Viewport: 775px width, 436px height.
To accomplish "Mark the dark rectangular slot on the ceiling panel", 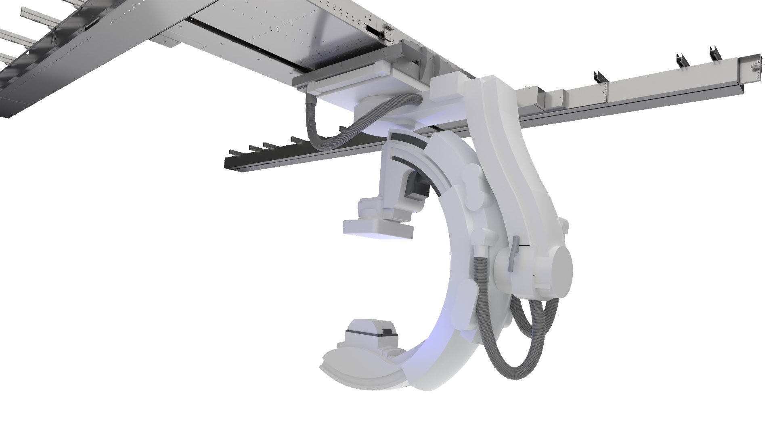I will point(375,30).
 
